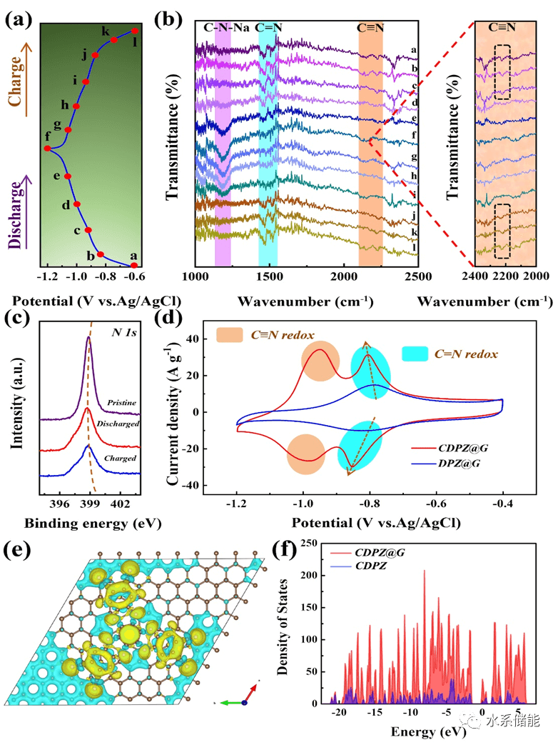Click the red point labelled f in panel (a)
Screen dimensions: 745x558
(47, 149)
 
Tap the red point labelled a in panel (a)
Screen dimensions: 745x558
(134, 266)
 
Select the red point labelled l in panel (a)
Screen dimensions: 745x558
(135, 31)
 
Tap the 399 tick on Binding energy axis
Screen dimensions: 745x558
(89, 505)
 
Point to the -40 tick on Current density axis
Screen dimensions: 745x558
(210, 485)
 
